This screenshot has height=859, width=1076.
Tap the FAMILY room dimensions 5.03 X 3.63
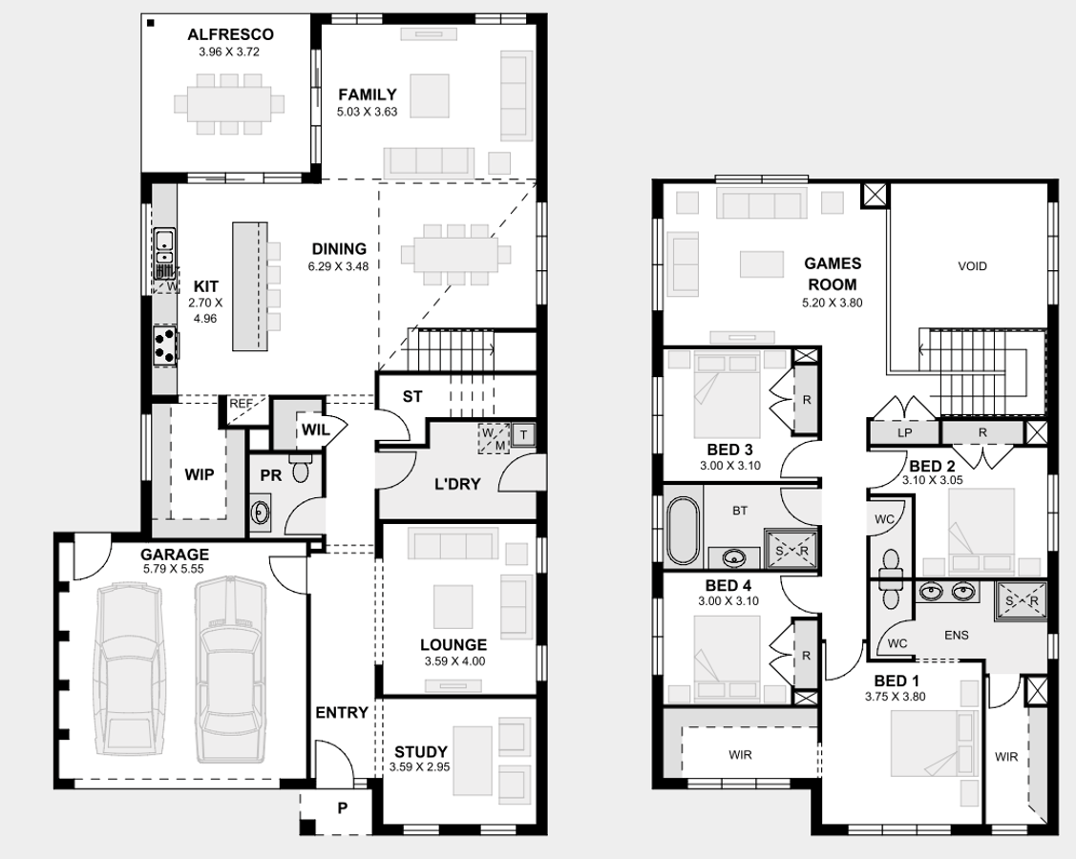click(x=367, y=112)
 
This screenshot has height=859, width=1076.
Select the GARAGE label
click(x=175, y=555)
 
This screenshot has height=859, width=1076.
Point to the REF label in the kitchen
click(x=241, y=405)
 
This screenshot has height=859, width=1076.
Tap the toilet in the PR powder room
click(x=301, y=469)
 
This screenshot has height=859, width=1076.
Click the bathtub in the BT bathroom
click(x=683, y=529)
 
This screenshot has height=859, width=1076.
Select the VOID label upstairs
click(x=972, y=266)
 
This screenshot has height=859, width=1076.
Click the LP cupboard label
click(x=905, y=432)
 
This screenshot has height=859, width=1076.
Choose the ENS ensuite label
click(x=956, y=634)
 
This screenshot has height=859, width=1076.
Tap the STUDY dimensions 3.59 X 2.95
click(x=419, y=766)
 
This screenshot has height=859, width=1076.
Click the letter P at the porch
click(x=341, y=807)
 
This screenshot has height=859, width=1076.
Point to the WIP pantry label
click(x=200, y=473)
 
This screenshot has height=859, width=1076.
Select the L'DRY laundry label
click(x=457, y=484)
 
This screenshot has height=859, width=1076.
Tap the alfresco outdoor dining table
click(x=228, y=102)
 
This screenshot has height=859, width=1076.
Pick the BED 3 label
click(x=729, y=450)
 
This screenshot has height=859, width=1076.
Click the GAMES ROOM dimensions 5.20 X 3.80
click(x=832, y=303)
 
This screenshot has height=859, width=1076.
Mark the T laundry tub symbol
click(x=524, y=434)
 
